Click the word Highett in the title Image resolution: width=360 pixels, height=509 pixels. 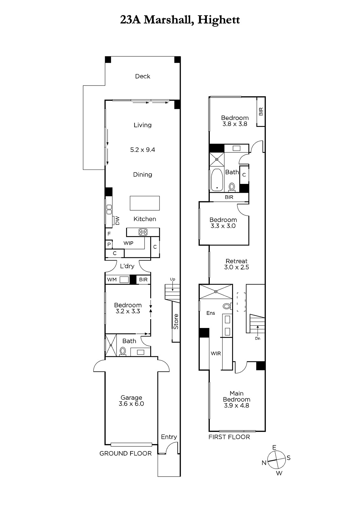click(219, 20)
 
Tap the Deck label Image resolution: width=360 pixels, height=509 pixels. click(143, 76)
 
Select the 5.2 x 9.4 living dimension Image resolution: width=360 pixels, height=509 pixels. click(143, 150)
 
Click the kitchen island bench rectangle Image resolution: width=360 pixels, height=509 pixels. click(145, 203)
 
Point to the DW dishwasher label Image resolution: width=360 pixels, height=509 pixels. click(117, 220)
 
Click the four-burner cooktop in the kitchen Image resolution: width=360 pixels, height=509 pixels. click(143, 232)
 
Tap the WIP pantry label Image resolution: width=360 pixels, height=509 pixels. click(128, 243)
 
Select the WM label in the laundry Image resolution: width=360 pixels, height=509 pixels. click(112, 280)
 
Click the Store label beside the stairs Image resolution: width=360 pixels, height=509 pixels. click(176, 322)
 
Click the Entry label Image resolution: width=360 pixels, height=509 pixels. click(169, 437)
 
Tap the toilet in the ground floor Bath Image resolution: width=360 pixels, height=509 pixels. click(123, 351)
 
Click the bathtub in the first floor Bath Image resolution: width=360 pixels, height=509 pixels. click(217, 180)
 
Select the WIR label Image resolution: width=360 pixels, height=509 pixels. click(216, 353)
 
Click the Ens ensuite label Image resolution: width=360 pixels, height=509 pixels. click(211, 313)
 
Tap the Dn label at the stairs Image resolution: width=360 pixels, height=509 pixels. click(258, 338)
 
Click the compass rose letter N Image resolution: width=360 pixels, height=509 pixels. click(264, 463)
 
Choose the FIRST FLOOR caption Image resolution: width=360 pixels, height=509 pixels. click(229, 437)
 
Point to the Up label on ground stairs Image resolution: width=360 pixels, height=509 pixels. click(173, 280)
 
